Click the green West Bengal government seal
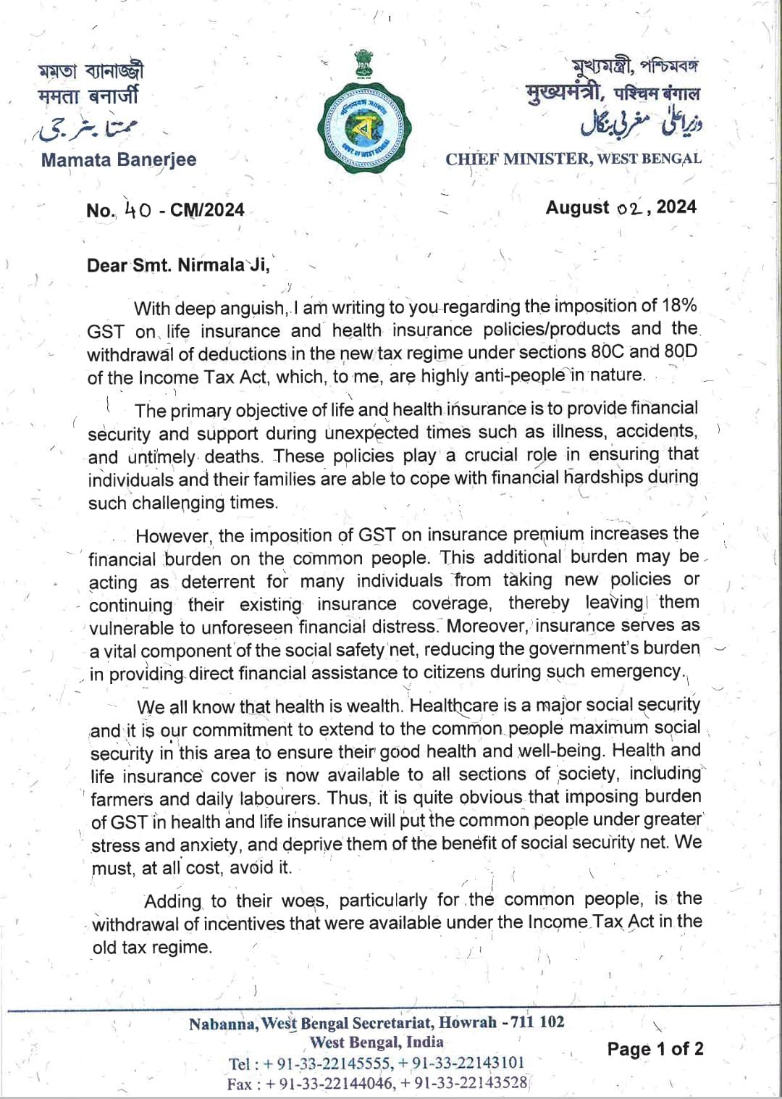364,128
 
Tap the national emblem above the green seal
364,64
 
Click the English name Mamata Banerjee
119,160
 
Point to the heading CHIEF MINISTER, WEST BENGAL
573,159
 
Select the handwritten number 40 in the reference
138,210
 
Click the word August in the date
577,208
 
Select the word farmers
122,799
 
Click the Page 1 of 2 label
655,1049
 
